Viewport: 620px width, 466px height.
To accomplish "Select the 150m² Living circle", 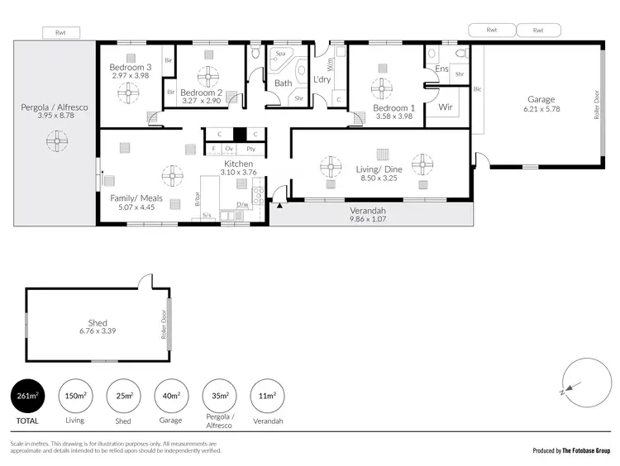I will point(74,396).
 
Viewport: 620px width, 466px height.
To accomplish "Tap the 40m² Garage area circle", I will point(171,396).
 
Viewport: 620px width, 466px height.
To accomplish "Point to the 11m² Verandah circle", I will point(266,396).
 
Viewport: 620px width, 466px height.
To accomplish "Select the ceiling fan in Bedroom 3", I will point(127,93).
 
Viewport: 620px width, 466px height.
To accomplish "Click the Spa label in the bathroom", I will point(280,53).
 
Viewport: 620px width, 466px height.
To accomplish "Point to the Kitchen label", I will point(237,164).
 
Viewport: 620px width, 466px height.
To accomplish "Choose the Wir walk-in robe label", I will point(445,107).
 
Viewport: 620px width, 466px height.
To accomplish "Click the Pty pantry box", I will point(250,149).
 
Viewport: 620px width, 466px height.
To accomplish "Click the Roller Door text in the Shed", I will point(163,325).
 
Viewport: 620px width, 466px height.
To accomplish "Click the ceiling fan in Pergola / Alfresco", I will point(56,143).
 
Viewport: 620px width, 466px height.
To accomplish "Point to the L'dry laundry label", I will point(322,79).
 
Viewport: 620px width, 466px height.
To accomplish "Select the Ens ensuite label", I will point(442,69).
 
